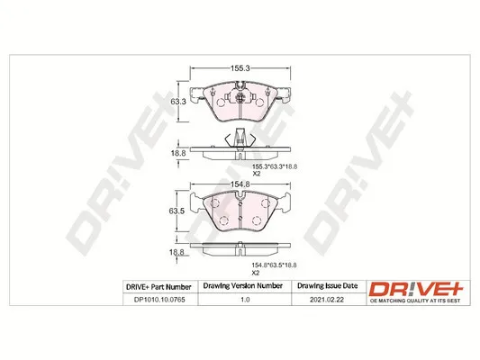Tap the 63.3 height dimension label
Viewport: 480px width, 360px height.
tap(178, 102)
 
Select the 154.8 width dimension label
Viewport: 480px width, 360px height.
tap(240, 184)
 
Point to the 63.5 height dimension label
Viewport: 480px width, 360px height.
tap(177, 211)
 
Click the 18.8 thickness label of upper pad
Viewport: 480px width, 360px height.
tap(178, 153)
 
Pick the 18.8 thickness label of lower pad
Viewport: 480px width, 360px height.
tap(177, 252)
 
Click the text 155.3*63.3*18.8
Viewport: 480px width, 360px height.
tap(275, 167)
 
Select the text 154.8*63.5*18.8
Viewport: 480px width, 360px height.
tap(274, 265)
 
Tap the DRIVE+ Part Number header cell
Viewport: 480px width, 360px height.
tap(158, 287)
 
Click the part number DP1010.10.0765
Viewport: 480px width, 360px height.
tap(159, 300)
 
